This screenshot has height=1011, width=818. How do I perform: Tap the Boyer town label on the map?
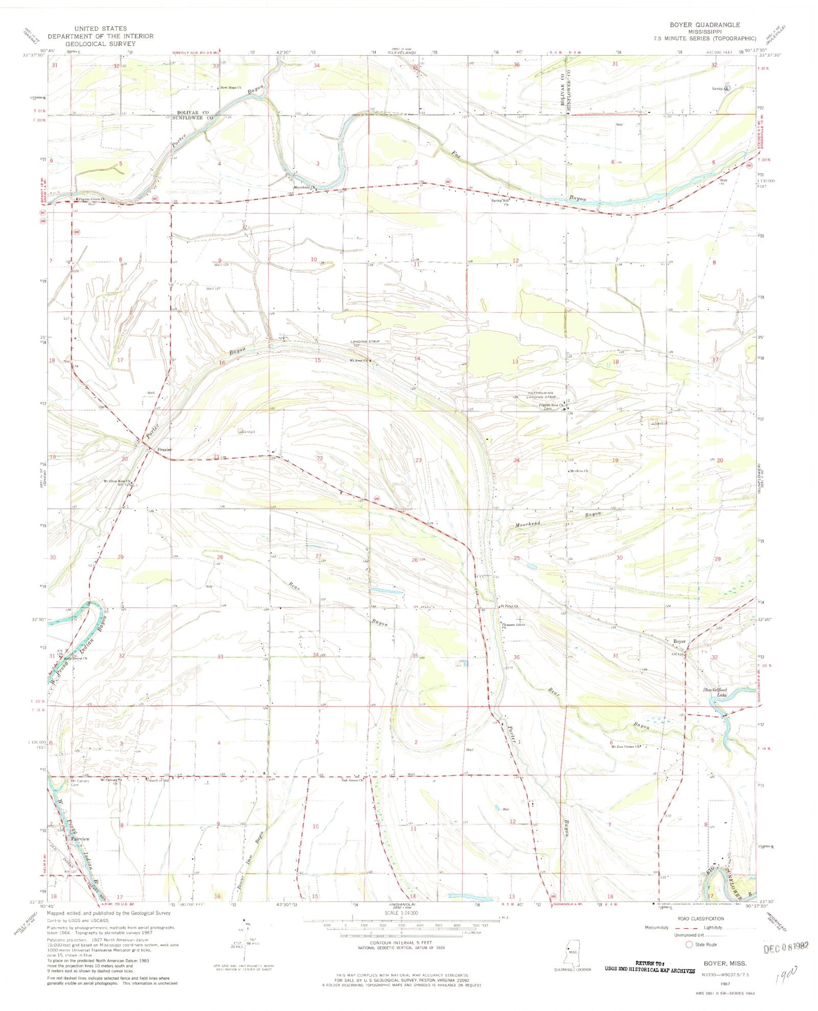coord(679,641)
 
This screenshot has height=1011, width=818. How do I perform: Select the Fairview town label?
coord(80,839)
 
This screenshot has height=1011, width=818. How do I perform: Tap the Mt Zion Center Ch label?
coord(626,747)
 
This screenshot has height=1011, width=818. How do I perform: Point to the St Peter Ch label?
coord(509,606)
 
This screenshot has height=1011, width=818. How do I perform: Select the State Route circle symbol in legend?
coord(688,944)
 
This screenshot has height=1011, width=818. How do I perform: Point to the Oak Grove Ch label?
coord(353,780)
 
